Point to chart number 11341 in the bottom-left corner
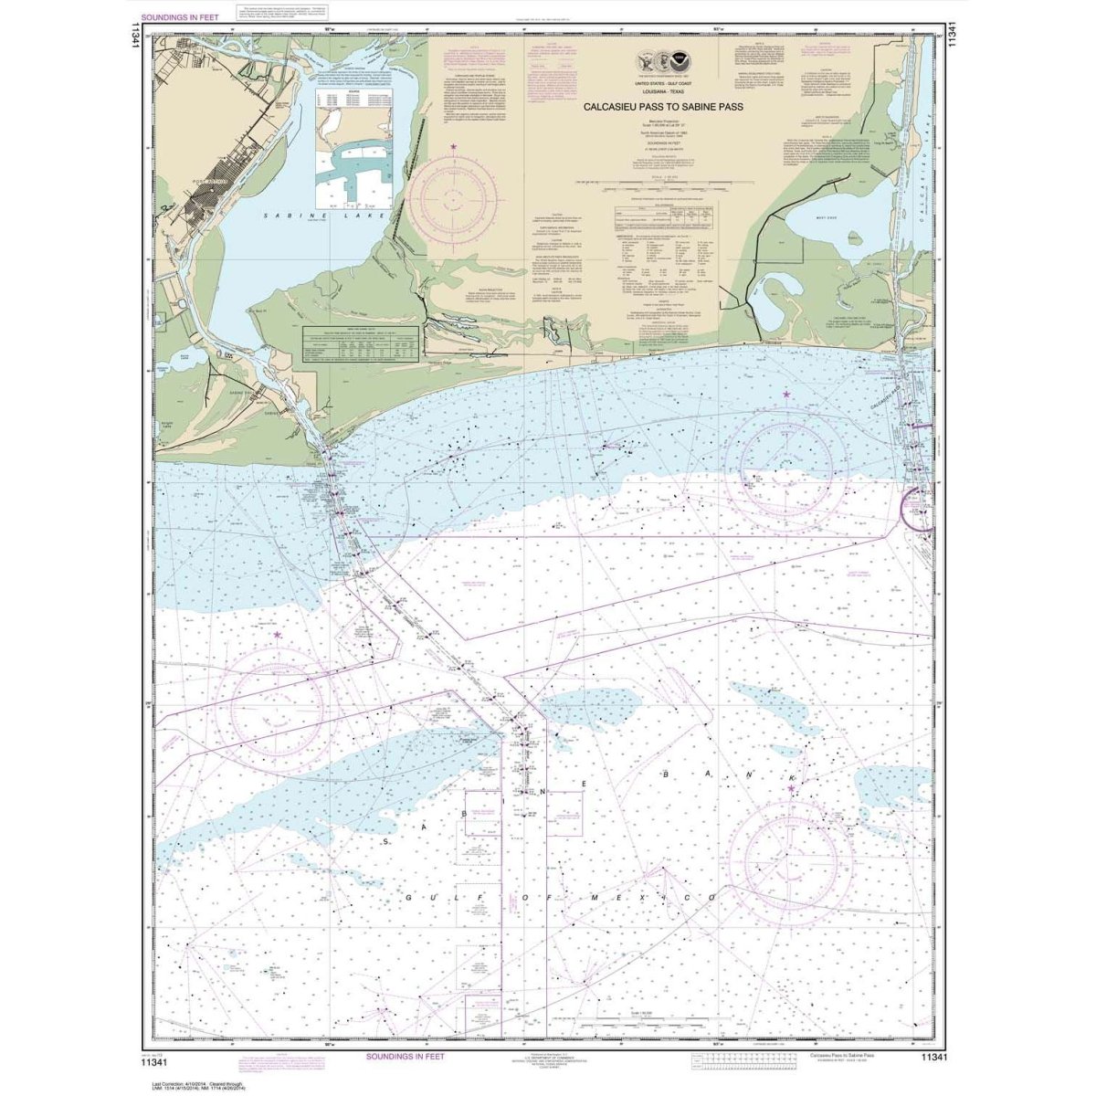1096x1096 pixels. click(x=161, y=1057)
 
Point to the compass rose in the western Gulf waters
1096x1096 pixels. click(x=278, y=704)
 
